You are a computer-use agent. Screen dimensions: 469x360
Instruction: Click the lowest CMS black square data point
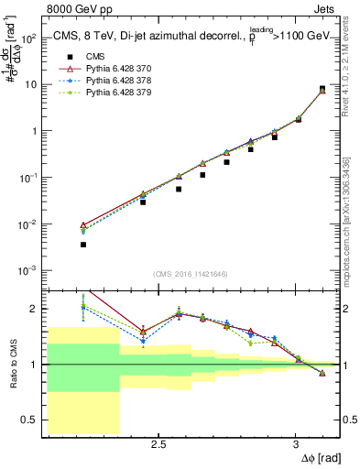(83, 245)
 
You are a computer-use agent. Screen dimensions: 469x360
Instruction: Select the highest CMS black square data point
(322, 89)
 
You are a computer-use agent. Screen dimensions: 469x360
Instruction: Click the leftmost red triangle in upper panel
(83, 224)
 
